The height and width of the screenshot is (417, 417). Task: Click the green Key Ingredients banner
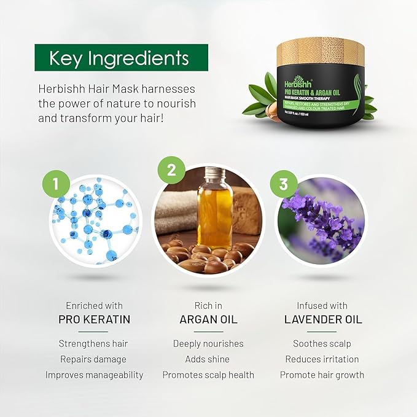[x=121, y=58]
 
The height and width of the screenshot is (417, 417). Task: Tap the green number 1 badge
[x=56, y=184]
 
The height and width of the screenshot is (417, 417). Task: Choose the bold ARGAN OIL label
[x=208, y=319]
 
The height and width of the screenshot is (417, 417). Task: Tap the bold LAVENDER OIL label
[x=323, y=319]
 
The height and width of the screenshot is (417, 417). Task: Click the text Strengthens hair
[x=93, y=344]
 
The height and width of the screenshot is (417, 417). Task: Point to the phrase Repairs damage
[x=93, y=359]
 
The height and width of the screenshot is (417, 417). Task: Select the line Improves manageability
[x=93, y=375]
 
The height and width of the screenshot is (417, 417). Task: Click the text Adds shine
[x=208, y=359]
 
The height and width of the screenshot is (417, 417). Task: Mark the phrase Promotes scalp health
[x=208, y=375]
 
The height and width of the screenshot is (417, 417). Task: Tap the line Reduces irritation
[x=322, y=359]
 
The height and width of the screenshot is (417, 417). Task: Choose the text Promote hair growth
[x=322, y=375]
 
